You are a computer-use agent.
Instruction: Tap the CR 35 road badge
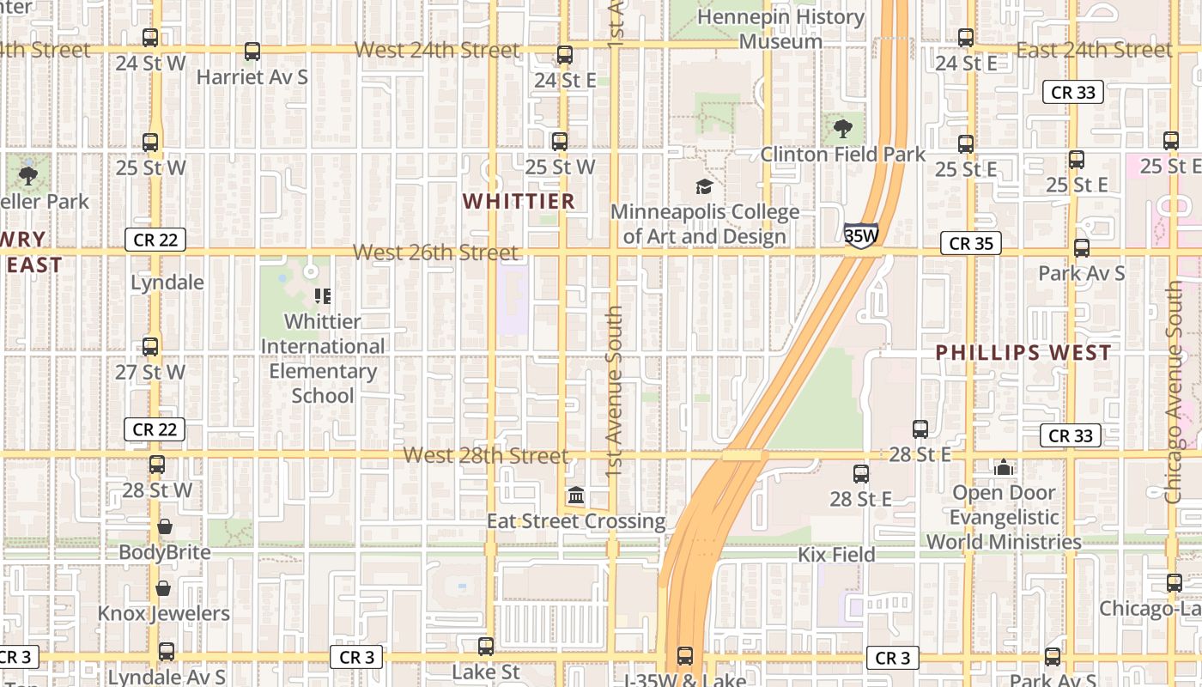pos(971,244)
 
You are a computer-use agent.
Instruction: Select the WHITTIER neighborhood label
pos(519,201)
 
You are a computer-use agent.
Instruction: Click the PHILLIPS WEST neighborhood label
pos(1023,352)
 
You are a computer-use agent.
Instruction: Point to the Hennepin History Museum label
pos(780,28)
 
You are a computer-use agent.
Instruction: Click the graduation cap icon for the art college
pos(704,186)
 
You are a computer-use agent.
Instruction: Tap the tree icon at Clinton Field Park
pos(842,129)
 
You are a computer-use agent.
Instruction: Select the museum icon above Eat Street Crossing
pos(576,495)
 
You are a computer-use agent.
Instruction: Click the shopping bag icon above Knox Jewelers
pos(163,588)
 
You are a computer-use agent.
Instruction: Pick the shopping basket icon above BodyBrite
pos(165,526)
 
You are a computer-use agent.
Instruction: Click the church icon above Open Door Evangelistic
pos(1003,467)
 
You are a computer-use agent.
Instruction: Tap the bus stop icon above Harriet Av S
pos(252,52)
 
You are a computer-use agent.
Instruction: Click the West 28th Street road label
pos(486,455)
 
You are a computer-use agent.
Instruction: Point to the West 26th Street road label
pos(436,252)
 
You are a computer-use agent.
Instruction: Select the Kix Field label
pos(836,555)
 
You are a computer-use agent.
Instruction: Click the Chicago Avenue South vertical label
pos(1174,392)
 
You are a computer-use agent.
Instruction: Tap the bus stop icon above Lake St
pos(486,647)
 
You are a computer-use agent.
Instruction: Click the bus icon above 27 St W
pos(150,347)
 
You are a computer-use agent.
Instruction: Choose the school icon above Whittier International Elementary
pos(323,296)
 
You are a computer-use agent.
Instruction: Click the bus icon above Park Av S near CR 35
pos(1082,248)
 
